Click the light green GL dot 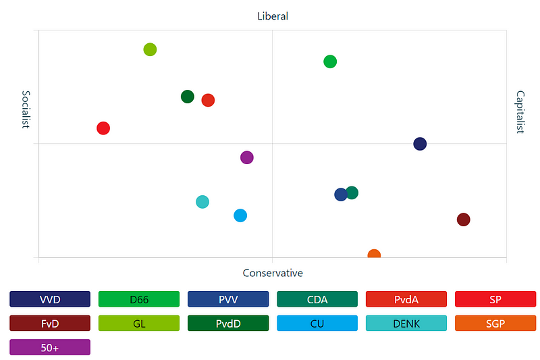[x=150, y=49]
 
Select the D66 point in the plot [x=330, y=61]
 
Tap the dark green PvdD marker [x=188, y=97]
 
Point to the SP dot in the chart [x=103, y=128]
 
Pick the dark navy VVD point [x=420, y=144]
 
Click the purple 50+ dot [x=247, y=157]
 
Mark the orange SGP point [x=374, y=255]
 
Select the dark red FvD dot [x=463, y=220]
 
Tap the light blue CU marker [x=240, y=215]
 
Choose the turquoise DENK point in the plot [x=202, y=201]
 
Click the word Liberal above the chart [x=273, y=16]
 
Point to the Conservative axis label [x=273, y=273]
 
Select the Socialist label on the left [x=26, y=109]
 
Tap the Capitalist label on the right [x=520, y=112]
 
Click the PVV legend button [x=228, y=299]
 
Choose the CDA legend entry [x=317, y=299]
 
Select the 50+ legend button [x=50, y=347]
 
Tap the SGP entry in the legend [x=495, y=324]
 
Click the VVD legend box [x=50, y=299]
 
